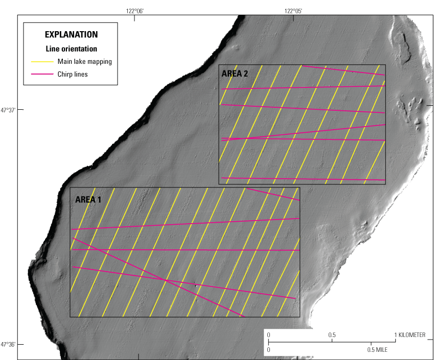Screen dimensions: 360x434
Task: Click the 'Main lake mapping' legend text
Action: [84, 62]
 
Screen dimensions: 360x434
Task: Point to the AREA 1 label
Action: [88, 200]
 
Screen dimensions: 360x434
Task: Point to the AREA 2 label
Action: [235, 74]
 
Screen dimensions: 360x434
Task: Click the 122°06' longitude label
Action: [134, 10]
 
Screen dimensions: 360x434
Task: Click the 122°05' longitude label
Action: [292, 10]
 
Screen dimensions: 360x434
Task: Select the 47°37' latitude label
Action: [8, 110]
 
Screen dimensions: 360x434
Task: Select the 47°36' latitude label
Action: [8, 344]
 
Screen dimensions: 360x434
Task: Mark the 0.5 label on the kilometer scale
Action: [332, 335]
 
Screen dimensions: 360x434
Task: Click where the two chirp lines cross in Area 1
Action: [165, 279]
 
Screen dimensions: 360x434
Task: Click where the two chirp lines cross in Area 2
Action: [247, 138]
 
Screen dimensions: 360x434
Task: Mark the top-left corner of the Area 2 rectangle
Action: [219, 65]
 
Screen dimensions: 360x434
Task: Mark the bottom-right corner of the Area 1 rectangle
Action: [300, 317]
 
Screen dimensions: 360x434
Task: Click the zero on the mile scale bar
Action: [269, 350]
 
